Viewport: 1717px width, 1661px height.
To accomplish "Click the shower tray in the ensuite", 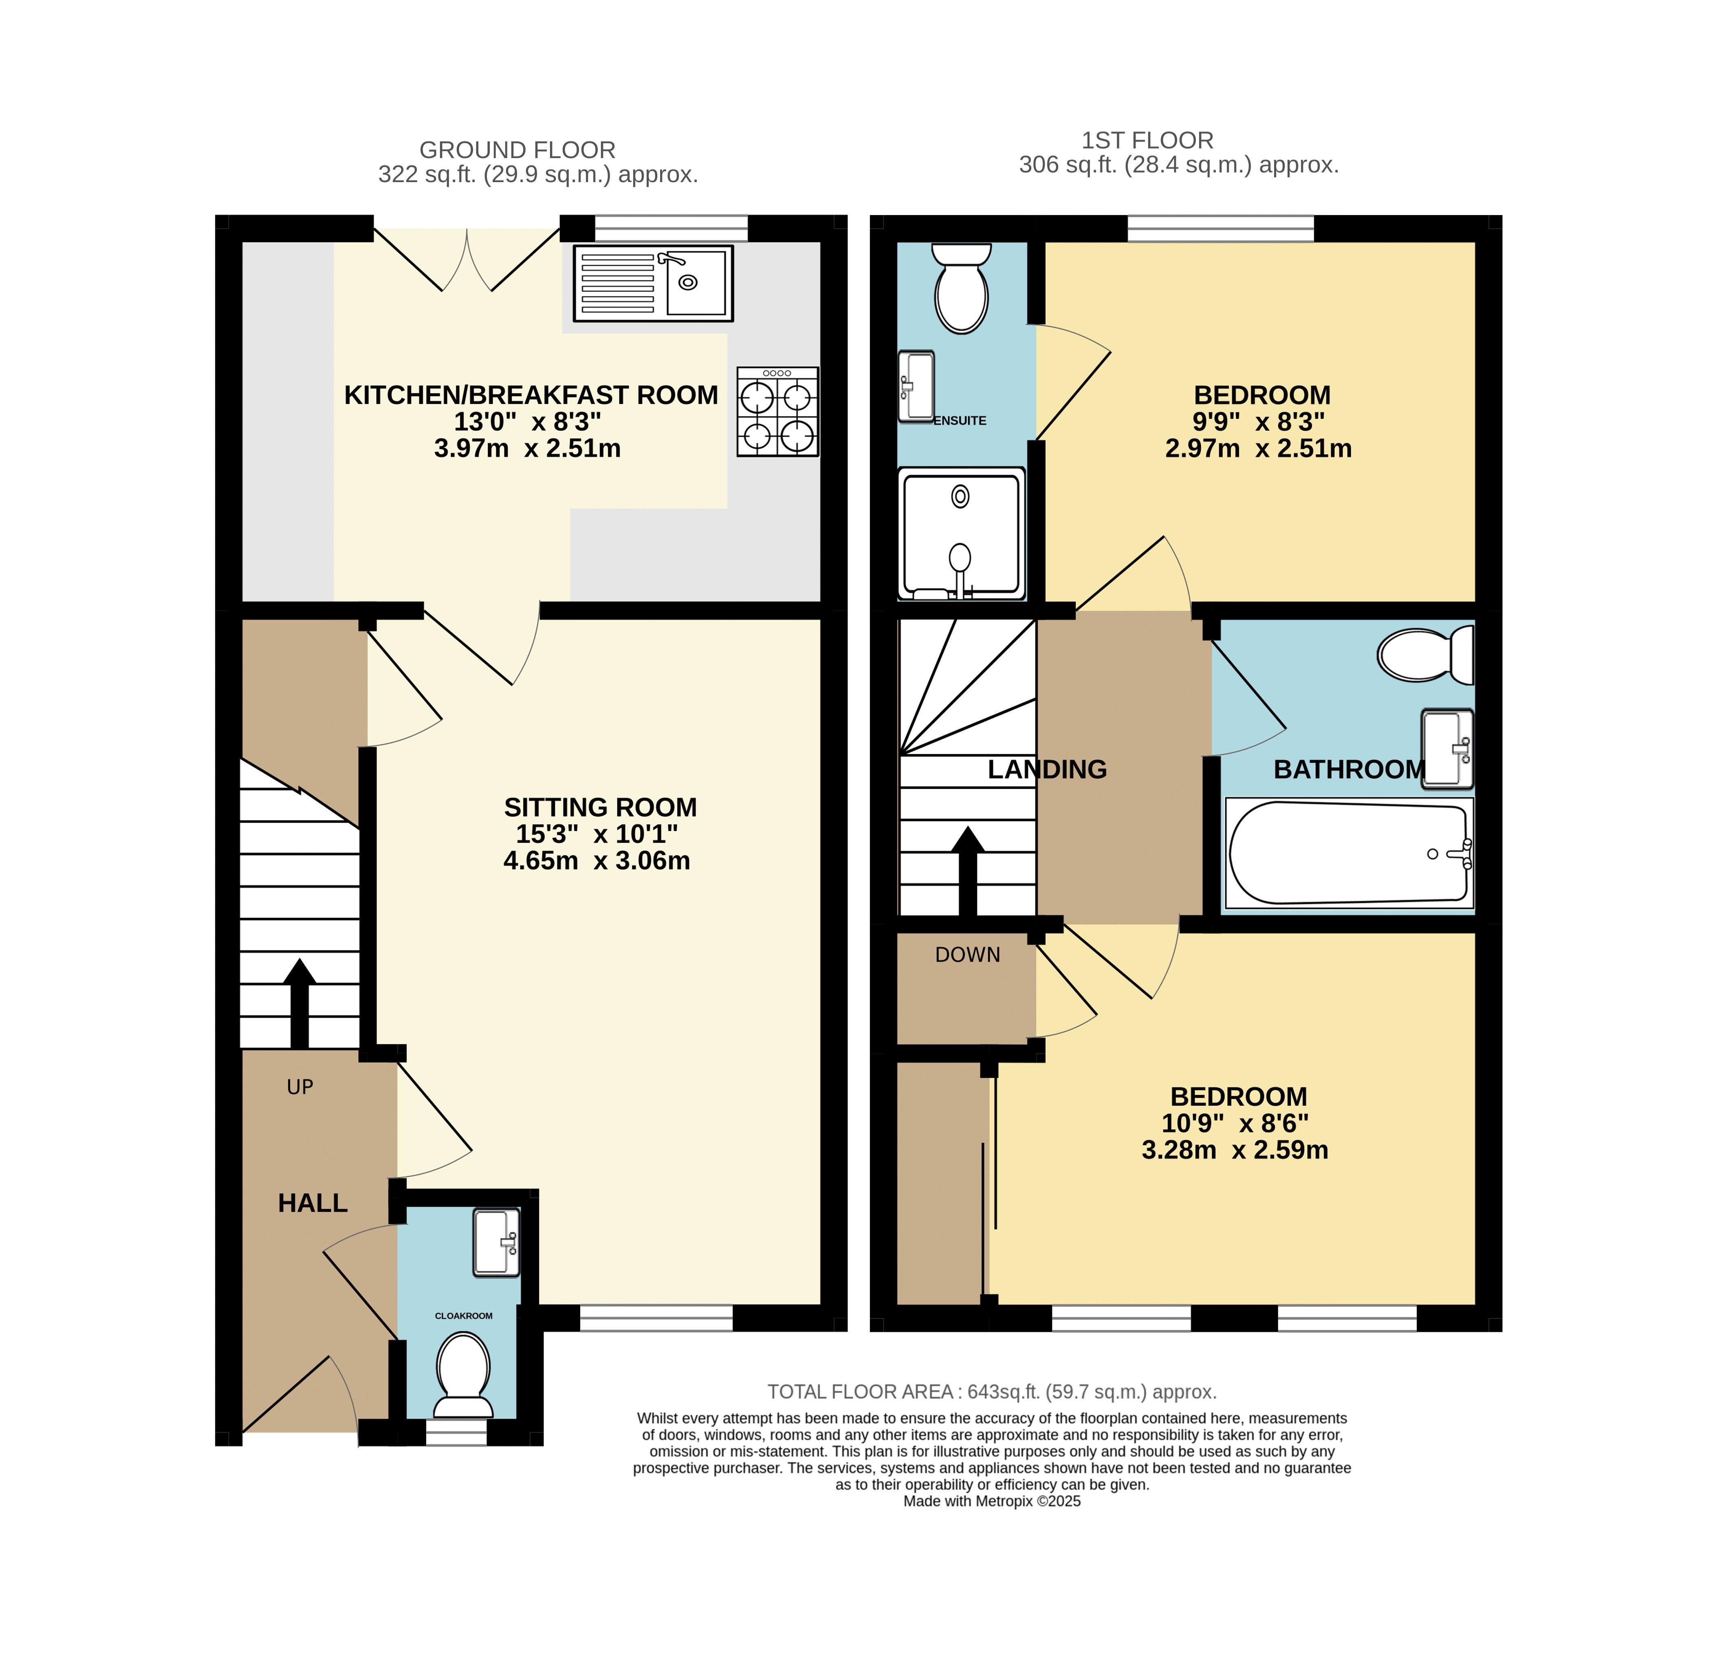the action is [961, 534].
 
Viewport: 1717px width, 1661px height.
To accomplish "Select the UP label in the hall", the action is [299, 1087].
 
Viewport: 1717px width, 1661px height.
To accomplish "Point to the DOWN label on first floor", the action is [967, 955].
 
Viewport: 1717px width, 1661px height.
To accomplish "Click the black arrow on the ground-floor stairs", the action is [299, 1003].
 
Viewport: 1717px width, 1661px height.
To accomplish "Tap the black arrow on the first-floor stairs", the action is [967, 872].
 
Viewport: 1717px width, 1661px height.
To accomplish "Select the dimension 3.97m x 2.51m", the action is [527, 449].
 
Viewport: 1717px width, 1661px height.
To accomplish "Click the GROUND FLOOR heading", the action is [517, 150].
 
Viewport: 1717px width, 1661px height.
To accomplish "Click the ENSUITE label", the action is [960, 420].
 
